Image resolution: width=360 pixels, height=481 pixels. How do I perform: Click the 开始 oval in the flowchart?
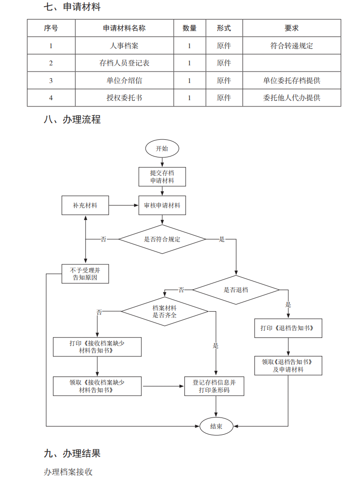pyautogui.click(x=162, y=148)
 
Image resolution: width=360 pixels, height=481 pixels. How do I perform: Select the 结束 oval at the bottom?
pyautogui.click(x=216, y=426)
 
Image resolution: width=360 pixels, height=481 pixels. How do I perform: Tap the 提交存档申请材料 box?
pyautogui.click(x=162, y=177)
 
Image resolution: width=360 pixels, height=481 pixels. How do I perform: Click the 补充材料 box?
pyautogui.click(x=85, y=205)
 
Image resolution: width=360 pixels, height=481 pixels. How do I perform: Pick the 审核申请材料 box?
pyautogui.click(x=162, y=205)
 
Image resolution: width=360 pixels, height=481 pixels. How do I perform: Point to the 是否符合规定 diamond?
pyautogui.click(x=162, y=239)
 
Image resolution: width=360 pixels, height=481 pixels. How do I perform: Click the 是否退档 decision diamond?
pyautogui.click(x=236, y=290)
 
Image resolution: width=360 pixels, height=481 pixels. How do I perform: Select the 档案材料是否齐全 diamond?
pyautogui.click(x=165, y=312)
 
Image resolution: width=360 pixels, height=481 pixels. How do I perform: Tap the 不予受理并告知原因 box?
pyautogui.click(x=85, y=273)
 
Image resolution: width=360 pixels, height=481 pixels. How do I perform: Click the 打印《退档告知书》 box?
pyautogui.click(x=287, y=328)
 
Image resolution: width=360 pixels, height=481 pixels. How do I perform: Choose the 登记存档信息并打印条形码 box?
pyautogui.click(x=214, y=386)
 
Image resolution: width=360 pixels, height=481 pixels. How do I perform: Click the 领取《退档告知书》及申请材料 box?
pyautogui.click(x=287, y=366)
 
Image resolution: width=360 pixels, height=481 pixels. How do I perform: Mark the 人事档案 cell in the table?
pyautogui.click(x=124, y=46)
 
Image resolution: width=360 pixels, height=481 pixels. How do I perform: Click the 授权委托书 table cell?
pyautogui.click(x=124, y=98)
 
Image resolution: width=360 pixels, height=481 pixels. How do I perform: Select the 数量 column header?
pyautogui.click(x=190, y=28)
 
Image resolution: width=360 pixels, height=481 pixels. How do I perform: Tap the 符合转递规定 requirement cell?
pyautogui.click(x=292, y=46)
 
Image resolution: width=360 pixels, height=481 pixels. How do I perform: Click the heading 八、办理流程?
pyautogui.click(x=72, y=119)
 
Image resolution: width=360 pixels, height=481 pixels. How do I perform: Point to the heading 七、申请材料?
pyautogui.click(x=72, y=7)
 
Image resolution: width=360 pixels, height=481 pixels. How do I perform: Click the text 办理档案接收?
pyautogui.click(x=68, y=472)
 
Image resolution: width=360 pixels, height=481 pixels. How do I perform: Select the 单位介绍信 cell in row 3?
pyautogui.click(x=124, y=81)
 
